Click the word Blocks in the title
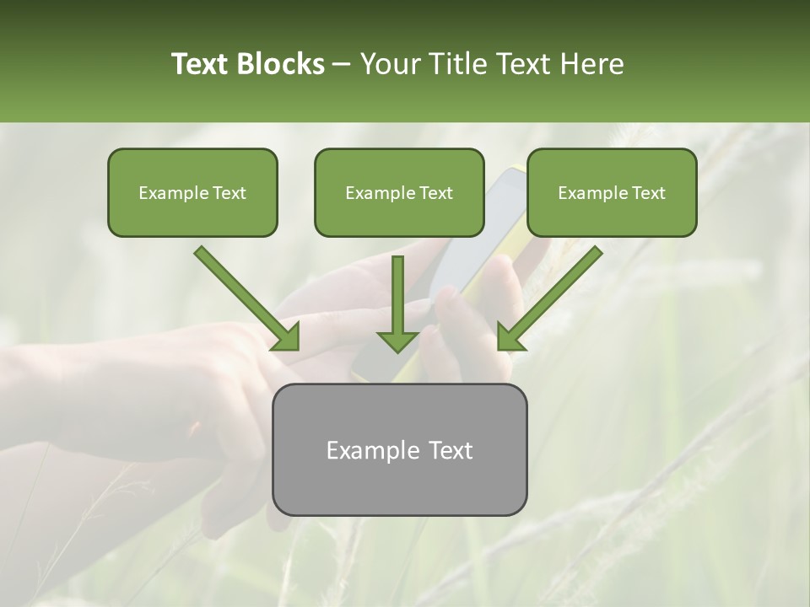282,64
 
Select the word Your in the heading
389,64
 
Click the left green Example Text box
192,192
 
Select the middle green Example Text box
399,192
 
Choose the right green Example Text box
612,192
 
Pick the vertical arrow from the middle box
397,299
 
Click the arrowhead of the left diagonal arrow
287,337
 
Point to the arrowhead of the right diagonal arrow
510,337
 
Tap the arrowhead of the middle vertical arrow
397,341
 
